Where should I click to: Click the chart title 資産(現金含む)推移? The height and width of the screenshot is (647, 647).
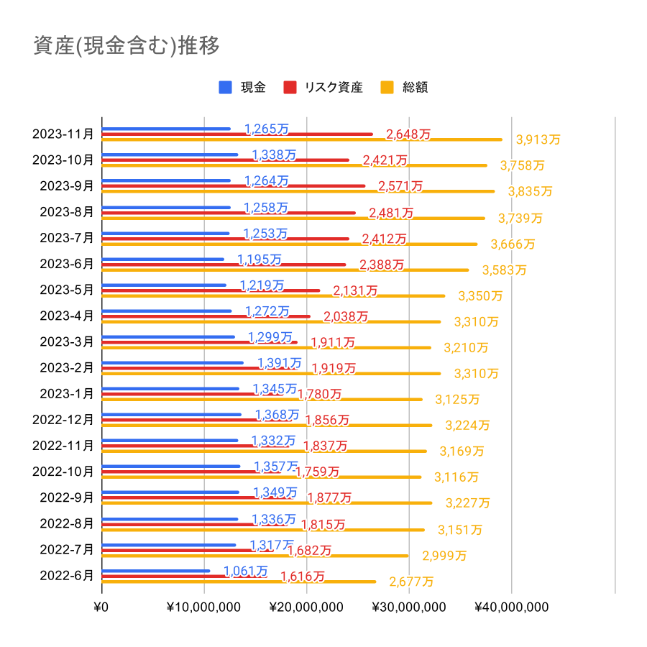point(126,45)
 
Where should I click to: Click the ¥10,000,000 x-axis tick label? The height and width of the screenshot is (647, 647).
point(204,607)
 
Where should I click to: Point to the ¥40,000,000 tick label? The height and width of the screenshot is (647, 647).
point(511,607)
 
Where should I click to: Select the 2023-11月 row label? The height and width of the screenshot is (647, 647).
point(63,134)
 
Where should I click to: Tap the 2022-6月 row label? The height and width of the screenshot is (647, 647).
point(66,575)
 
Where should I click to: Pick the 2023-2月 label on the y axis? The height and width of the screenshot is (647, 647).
point(66,367)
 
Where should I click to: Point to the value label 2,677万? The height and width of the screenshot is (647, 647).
point(411,581)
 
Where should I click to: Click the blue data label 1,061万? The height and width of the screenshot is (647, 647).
point(245,571)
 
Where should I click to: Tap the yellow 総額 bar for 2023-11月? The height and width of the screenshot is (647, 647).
point(302,139)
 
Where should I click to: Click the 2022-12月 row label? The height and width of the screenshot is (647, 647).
point(63,419)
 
